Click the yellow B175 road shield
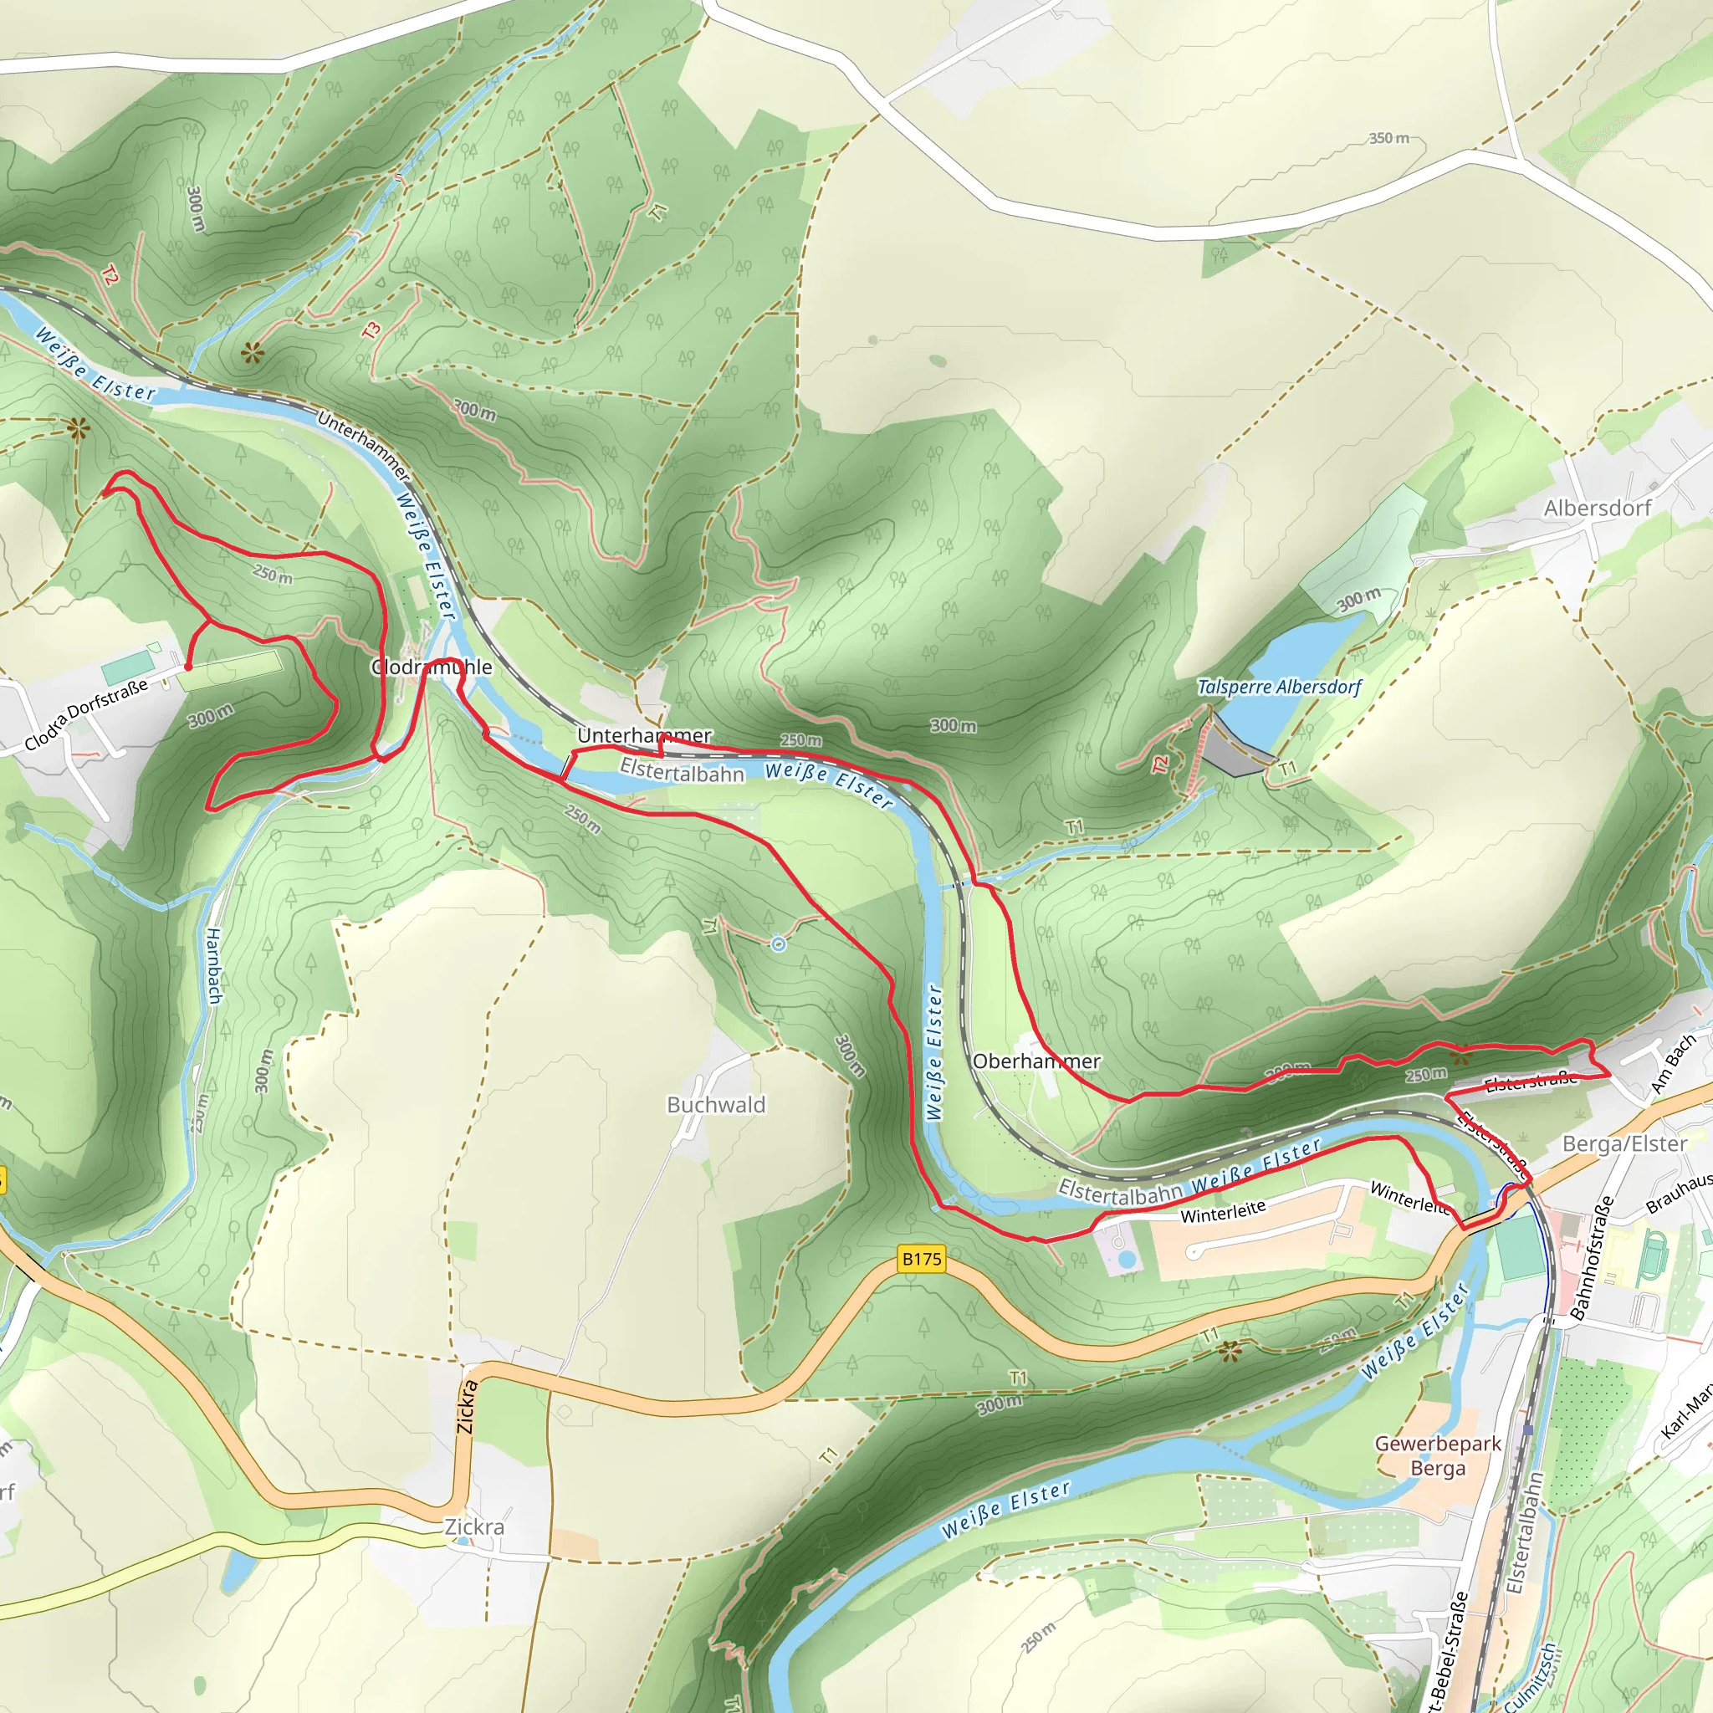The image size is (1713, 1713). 921,1258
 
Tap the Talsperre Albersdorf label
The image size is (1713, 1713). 1279,688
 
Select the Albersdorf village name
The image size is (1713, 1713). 1597,508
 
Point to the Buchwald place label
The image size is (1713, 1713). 715,1105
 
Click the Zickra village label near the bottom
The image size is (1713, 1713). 474,1526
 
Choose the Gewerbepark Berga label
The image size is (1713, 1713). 1437,1456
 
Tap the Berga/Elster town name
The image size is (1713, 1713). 1624,1143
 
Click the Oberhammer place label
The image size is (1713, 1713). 1035,1061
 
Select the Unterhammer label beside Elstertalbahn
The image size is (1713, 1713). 644,735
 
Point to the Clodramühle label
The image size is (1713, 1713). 431,667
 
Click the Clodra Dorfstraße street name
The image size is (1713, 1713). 86,714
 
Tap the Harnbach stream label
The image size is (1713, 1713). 213,965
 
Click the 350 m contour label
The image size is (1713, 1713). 1388,138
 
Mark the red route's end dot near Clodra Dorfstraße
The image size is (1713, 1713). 188,666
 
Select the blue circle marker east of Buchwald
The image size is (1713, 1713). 778,944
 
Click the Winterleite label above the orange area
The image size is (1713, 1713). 1223,1211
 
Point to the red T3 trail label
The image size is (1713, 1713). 371,329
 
